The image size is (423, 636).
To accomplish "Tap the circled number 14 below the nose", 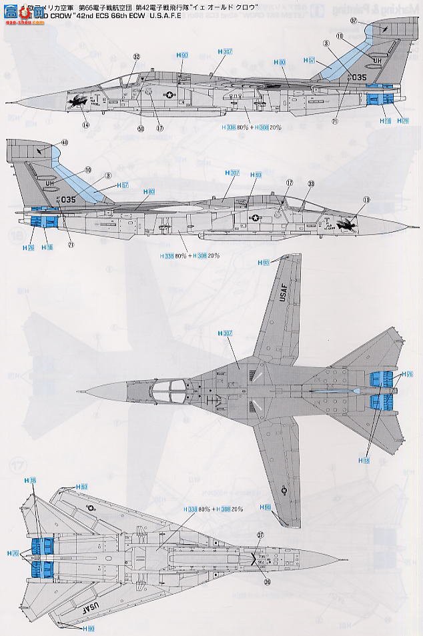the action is coord(85,125).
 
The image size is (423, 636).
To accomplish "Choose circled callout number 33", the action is coord(311,183).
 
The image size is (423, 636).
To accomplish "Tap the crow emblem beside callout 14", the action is coord(77,104).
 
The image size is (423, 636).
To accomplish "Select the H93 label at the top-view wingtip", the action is coord(265,263).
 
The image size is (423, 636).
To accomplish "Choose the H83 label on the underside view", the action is coord(81,487).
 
